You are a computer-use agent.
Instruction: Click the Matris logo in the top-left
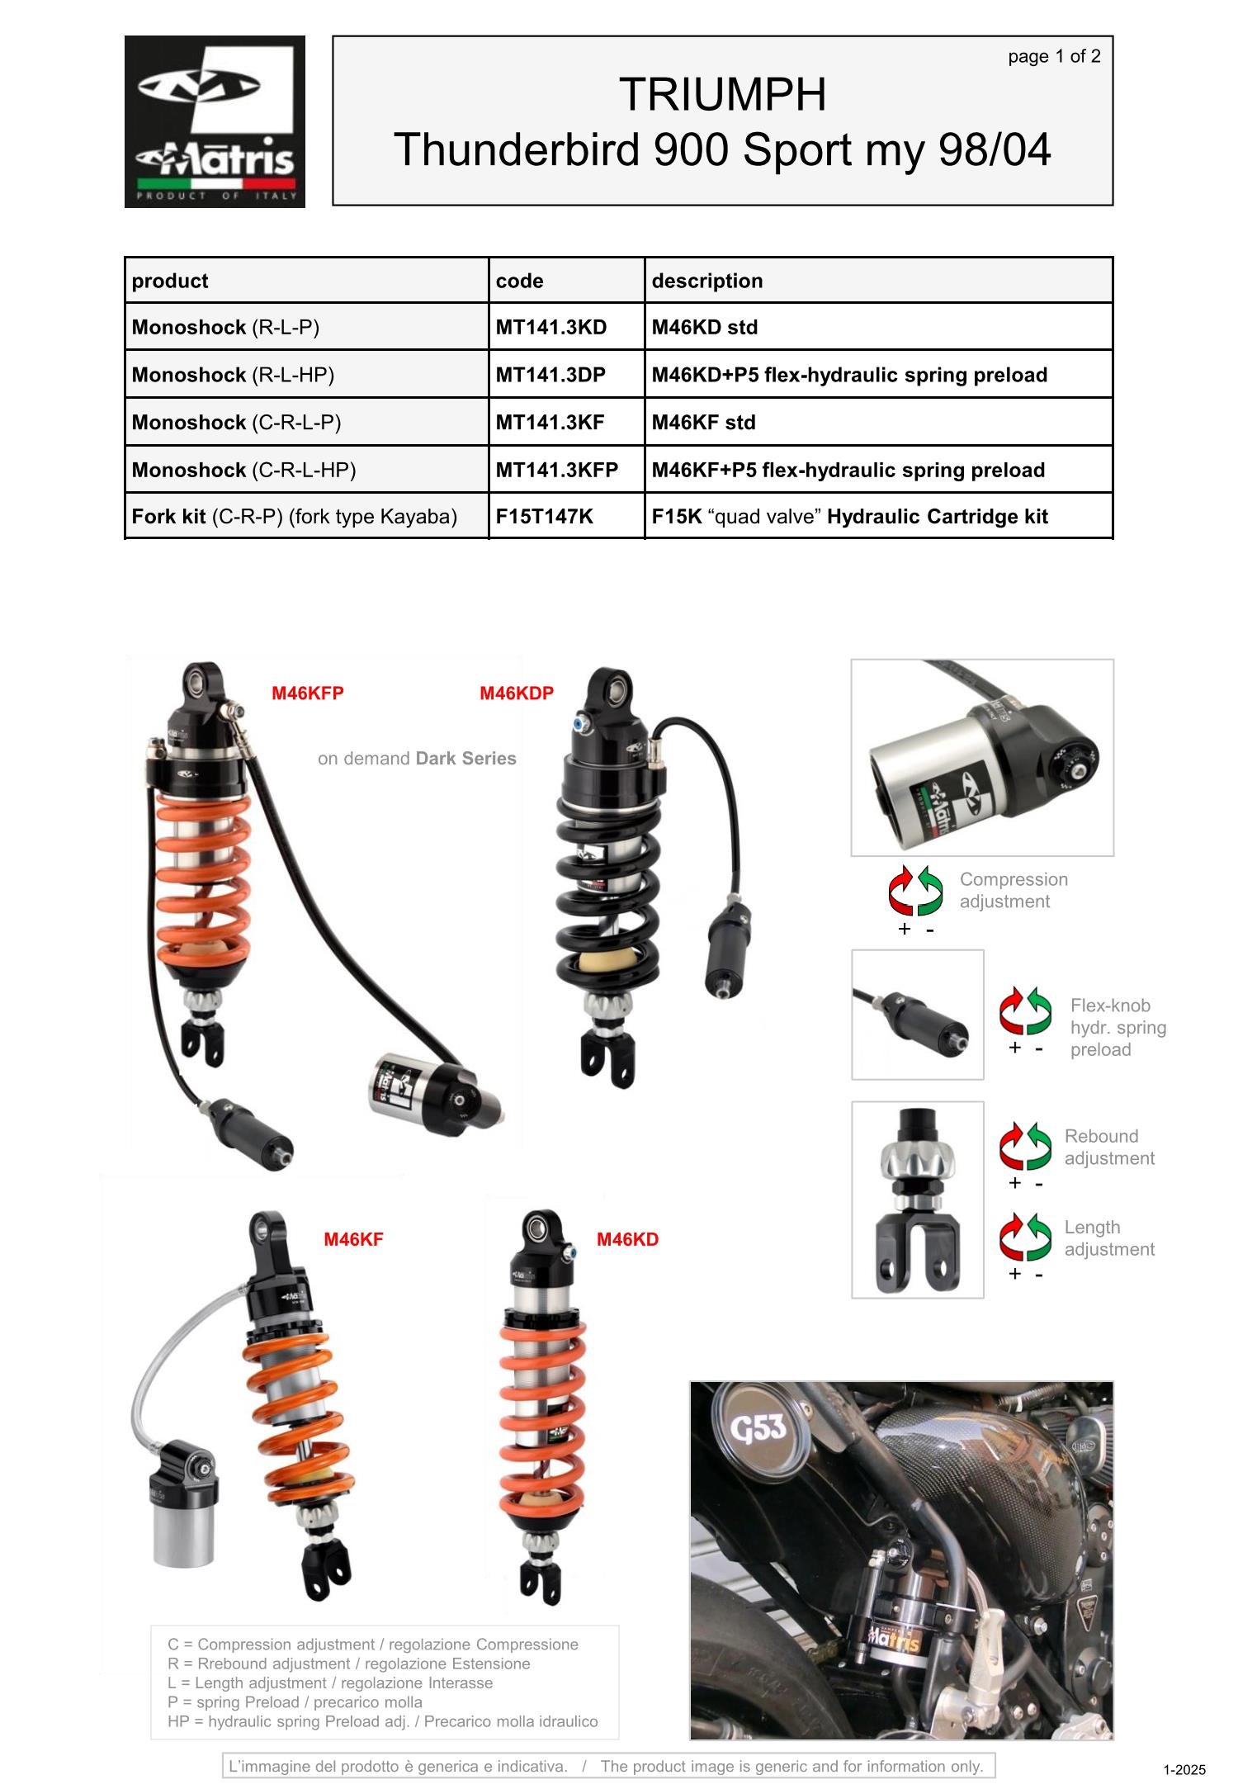215,121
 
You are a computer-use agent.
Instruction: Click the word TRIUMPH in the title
722,94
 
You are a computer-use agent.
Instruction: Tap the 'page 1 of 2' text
1054,56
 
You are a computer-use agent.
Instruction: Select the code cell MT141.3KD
550,327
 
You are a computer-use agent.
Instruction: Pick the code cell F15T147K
544,516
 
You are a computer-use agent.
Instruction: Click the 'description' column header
706,281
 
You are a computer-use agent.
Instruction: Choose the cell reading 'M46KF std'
703,422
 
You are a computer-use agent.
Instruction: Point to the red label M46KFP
307,693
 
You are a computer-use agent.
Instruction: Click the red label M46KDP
517,693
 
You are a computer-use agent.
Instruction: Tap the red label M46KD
627,1239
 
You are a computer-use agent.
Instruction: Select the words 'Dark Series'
465,758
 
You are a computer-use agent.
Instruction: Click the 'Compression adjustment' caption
1013,890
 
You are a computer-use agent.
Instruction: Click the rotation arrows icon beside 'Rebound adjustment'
1025,1147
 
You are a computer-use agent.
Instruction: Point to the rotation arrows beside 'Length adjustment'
1025,1238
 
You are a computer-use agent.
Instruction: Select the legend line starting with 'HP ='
382,1721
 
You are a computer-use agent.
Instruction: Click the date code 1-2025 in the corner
1184,1769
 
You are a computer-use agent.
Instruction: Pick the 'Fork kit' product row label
168,516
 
